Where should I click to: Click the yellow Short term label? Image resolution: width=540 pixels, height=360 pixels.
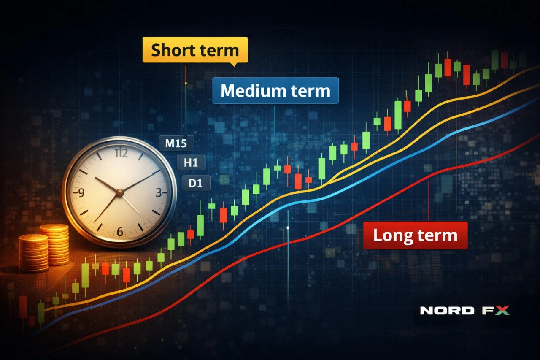click(195, 50)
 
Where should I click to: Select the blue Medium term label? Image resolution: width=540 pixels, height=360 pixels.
click(275, 91)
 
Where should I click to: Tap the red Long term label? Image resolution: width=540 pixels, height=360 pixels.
click(415, 235)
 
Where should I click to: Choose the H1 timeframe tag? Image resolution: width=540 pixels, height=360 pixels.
click(191, 162)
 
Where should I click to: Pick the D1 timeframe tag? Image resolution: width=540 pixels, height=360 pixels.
click(196, 183)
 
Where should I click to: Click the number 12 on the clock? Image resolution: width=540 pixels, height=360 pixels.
click(121, 153)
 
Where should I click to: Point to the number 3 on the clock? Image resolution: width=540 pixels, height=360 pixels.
click(159, 193)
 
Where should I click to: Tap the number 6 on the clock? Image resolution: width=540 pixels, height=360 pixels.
click(119, 231)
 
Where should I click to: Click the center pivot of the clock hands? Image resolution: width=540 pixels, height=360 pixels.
click(119, 193)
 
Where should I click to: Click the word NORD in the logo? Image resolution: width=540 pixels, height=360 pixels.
click(447, 311)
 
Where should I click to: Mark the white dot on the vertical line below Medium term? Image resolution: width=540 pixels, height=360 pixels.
click(288, 228)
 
